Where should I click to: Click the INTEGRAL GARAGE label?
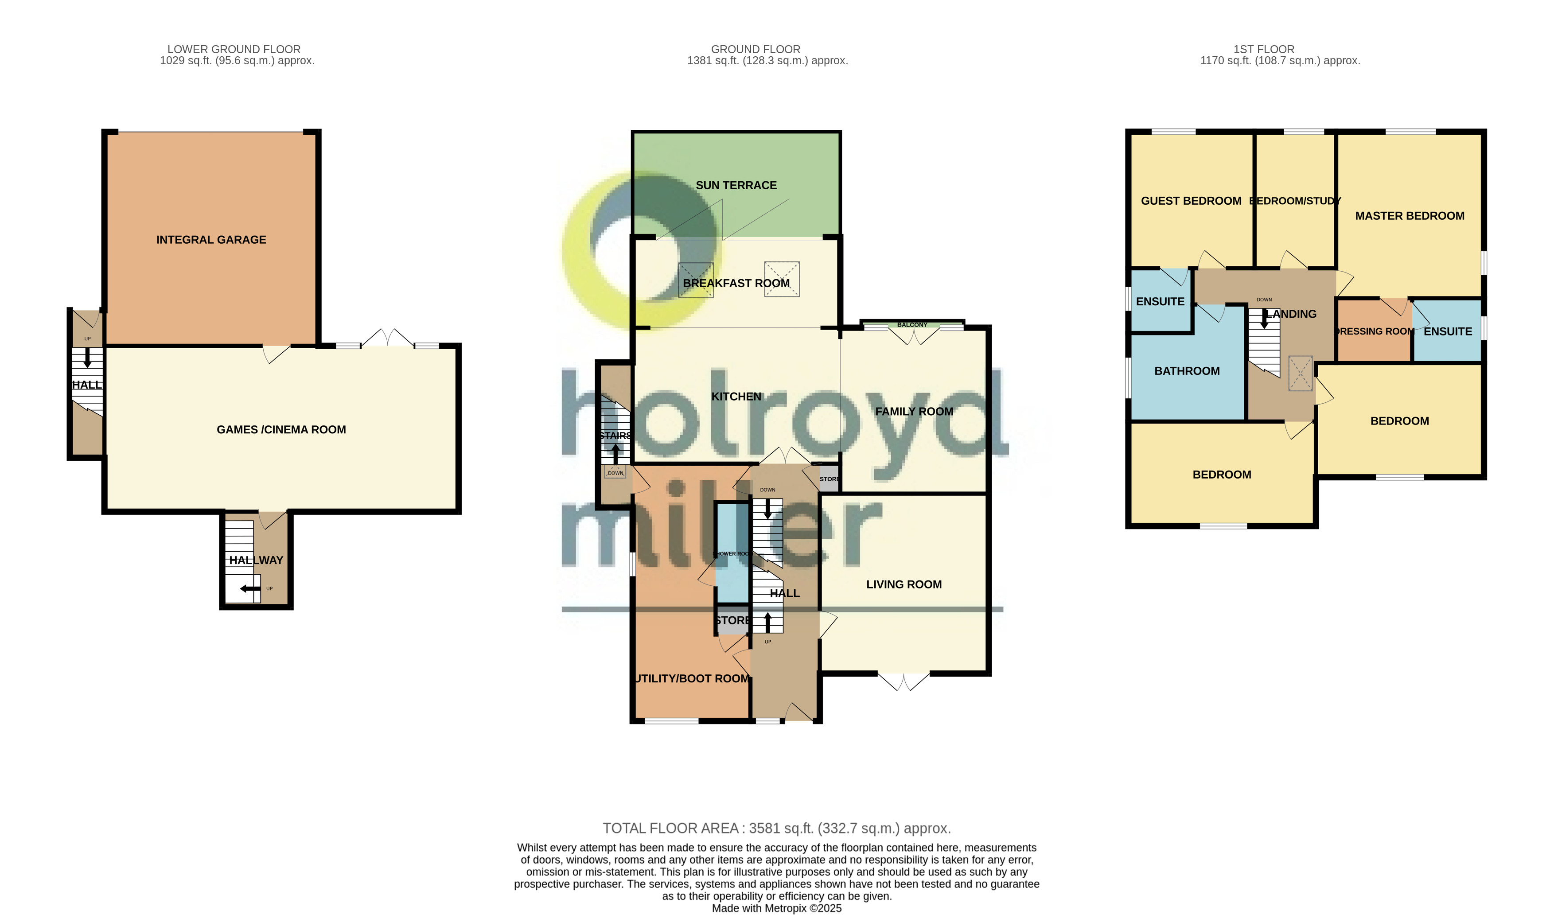(x=211, y=240)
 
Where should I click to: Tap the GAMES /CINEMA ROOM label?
(x=281, y=430)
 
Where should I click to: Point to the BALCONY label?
(x=912, y=325)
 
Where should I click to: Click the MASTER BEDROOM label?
(x=1409, y=216)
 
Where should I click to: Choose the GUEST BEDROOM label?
(x=1191, y=201)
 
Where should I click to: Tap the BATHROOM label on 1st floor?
(x=1187, y=371)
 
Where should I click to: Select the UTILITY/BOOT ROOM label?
(x=692, y=679)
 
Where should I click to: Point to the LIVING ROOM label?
(x=904, y=584)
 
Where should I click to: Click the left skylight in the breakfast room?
(x=696, y=280)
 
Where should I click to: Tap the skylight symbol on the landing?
(x=1300, y=373)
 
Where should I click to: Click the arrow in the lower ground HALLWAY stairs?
(x=250, y=589)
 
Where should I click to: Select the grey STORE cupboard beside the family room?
(x=829, y=479)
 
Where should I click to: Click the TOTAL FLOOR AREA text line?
(x=776, y=828)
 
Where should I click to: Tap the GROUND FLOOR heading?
(x=756, y=49)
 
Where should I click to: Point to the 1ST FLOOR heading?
(x=1264, y=49)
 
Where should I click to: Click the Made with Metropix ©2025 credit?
(x=776, y=908)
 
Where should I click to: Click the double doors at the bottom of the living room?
(x=904, y=681)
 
